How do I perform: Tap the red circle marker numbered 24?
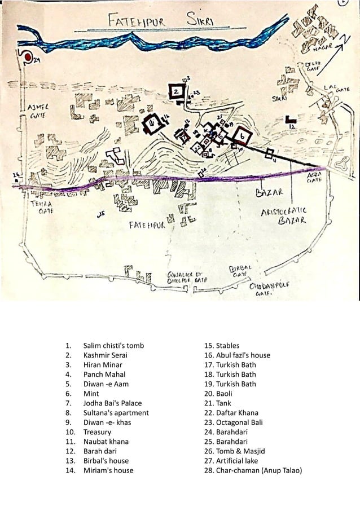[25, 57]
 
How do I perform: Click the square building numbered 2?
[176, 90]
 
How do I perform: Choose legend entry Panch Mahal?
[104, 374]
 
